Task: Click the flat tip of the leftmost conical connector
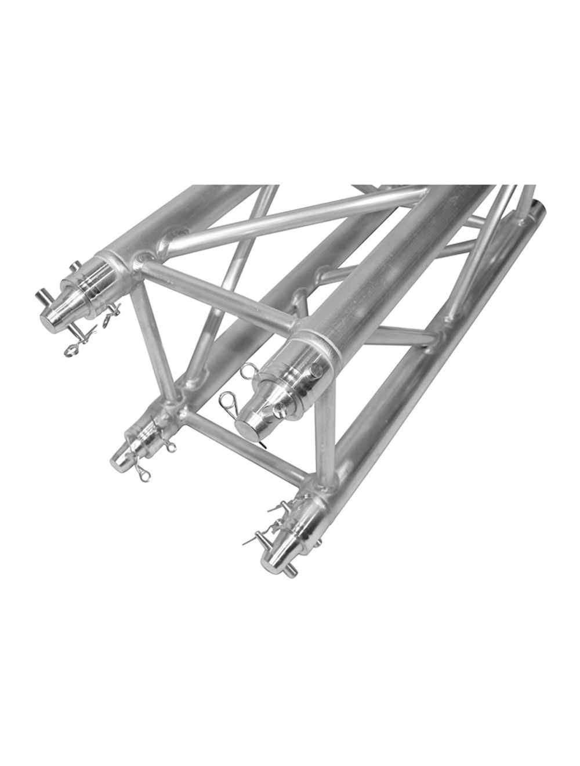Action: tap(54, 318)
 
